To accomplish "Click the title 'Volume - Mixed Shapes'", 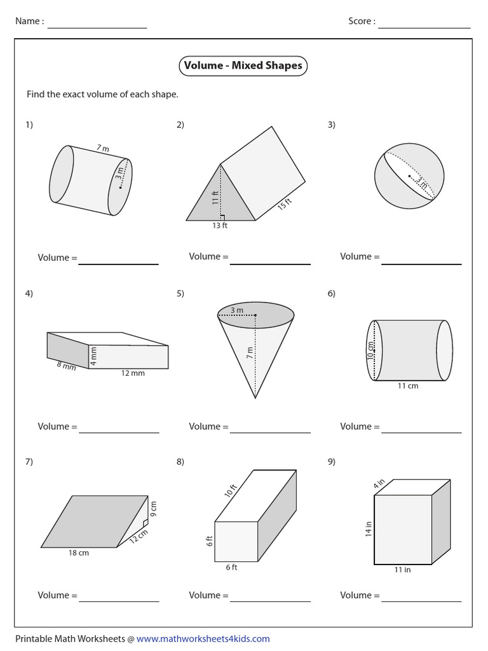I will pos(243,65).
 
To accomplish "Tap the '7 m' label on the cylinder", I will pos(103,149).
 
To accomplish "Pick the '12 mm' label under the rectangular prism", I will pos(133,373).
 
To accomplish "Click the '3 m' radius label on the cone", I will pos(237,310).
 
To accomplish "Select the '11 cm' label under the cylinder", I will pos(407,386).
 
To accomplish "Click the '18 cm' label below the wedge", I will pos(79,553).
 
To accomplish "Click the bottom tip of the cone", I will pos(255,398).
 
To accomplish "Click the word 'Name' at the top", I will pos(29,21).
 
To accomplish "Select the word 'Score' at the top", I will pos(361,21).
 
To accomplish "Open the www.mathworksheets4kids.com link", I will pos(203,638).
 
